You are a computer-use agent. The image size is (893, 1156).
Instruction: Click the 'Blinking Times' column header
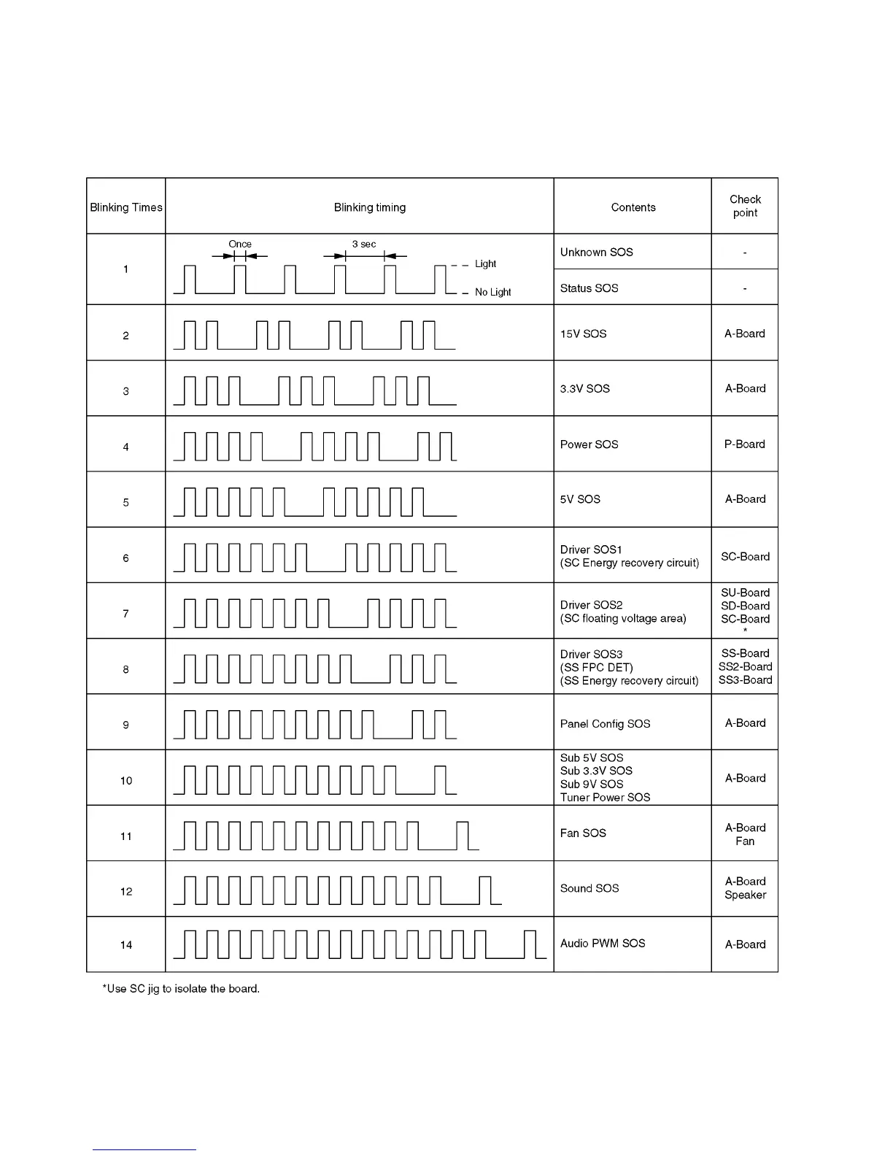coord(125,207)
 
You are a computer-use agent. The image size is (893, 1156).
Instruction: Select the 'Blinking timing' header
coord(369,207)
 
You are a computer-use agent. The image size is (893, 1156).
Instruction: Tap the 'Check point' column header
coord(745,206)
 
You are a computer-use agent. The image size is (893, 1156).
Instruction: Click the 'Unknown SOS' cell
coord(596,253)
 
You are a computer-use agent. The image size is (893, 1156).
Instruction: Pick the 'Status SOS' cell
coord(589,288)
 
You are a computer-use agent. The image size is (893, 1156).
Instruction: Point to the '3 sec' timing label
coord(364,244)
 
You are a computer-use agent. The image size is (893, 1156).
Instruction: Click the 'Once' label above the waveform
coord(239,244)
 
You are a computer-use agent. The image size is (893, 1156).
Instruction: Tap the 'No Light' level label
coord(492,292)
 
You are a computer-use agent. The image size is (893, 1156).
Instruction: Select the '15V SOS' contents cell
coord(583,334)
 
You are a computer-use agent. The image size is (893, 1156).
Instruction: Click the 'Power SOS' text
coord(589,444)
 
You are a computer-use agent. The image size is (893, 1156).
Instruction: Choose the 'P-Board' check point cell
coord(744,444)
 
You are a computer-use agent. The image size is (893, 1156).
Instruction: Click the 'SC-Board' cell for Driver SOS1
coord(745,556)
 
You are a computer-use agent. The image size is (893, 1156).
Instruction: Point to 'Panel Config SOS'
coord(605,724)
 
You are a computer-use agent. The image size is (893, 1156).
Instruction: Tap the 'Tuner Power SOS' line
coord(605,798)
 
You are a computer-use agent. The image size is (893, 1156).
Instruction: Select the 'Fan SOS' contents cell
coord(583,833)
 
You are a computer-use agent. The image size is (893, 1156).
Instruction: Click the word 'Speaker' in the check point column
coord(745,895)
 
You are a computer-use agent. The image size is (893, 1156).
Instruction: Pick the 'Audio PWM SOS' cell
coord(603,944)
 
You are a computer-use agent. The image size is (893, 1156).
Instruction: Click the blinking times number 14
coord(126,945)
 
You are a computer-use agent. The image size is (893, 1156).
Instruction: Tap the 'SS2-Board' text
coord(745,666)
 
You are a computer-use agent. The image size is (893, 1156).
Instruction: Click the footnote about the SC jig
coord(181,989)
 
